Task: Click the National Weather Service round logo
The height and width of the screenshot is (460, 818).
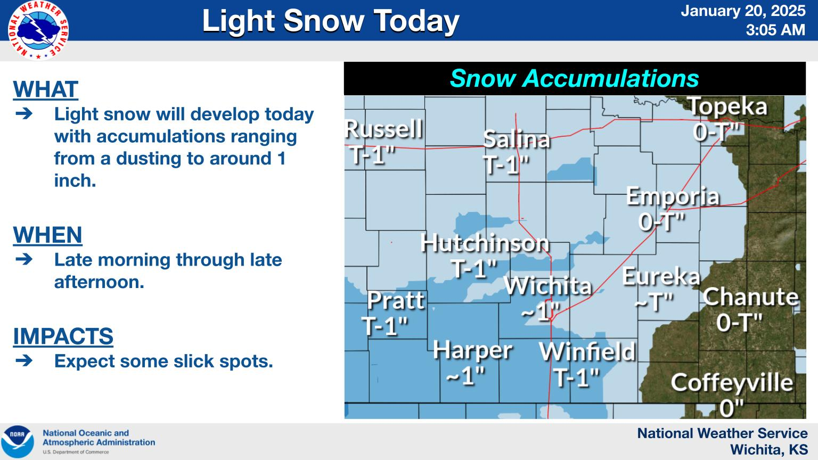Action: (x=38, y=30)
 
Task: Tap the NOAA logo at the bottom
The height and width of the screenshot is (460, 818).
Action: (x=18, y=441)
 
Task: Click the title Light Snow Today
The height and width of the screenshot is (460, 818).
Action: (x=331, y=21)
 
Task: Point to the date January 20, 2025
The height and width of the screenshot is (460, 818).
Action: (x=743, y=11)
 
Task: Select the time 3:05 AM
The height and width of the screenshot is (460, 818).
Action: (x=775, y=30)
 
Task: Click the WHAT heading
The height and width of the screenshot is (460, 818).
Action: (x=46, y=89)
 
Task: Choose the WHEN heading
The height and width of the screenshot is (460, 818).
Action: (x=47, y=235)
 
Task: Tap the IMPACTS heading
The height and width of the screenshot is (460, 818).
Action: (x=63, y=336)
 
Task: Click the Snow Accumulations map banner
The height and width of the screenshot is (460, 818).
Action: (x=575, y=78)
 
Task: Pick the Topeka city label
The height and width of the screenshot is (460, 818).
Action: (x=727, y=106)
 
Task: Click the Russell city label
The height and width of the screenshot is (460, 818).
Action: (x=384, y=129)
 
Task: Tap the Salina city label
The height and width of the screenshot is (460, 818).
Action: (x=517, y=139)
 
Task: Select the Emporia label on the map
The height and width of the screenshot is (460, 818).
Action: (x=673, y=196)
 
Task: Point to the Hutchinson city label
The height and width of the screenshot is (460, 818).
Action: (x=485, y=243)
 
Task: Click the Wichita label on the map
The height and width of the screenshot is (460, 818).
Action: (x=548, y=285)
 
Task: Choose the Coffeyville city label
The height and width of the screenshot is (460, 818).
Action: (x=732, y=383)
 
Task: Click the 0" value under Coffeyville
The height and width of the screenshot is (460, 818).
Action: (x=731, y=408)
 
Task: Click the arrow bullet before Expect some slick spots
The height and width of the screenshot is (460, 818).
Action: (x=24, y=360)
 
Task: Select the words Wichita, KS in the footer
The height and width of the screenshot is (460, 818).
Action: (x=769, y=449)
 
